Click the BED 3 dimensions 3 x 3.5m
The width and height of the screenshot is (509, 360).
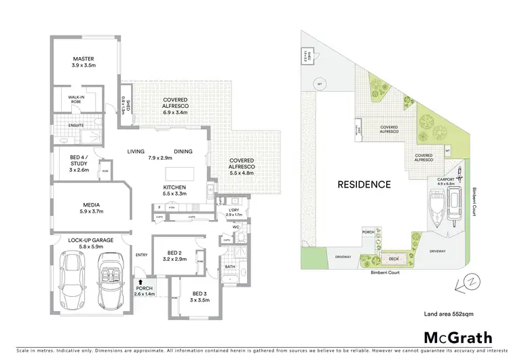tap(199, 300)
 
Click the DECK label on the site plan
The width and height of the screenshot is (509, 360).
tap(394, 259)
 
